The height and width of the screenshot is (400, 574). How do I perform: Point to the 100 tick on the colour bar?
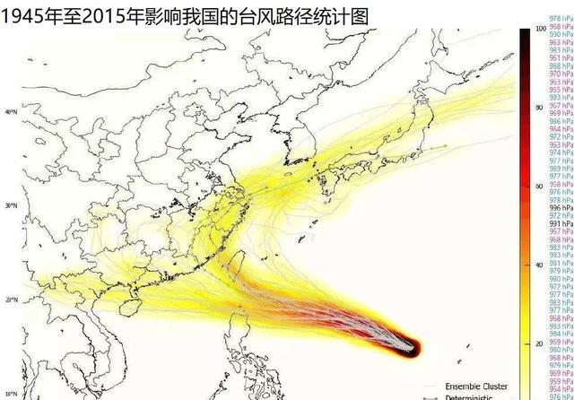coord(539,29)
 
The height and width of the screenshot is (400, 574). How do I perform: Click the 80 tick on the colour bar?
coord(538,108)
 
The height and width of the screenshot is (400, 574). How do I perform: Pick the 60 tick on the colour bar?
coord(538,187)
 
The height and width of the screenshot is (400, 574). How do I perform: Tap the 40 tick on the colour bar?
coord(538,265)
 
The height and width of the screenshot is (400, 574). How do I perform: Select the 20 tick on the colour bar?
coord(538,344)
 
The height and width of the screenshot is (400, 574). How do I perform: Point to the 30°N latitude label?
coord(11,206)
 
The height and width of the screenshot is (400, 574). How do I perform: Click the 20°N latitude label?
coord(11,300)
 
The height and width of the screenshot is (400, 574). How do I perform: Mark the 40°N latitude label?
coord(11,112)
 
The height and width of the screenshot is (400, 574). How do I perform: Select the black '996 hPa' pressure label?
coord(561,208)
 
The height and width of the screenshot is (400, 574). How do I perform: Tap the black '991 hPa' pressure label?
coord(561,223)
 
